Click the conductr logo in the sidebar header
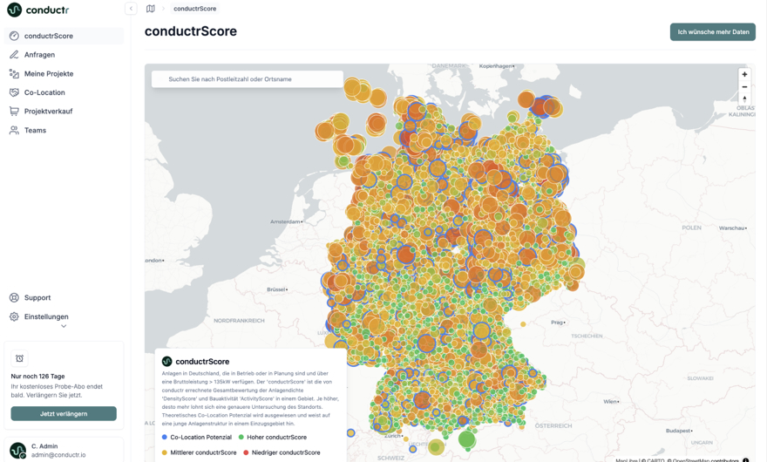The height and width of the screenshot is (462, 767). [x=37, y=10]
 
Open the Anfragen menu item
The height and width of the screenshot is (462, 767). [x=39, y=55]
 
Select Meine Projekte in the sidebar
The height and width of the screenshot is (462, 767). [x=48, y=74]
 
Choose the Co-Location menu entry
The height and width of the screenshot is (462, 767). [x=44, y=92]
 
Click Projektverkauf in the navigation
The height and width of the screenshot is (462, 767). [x=48, y=112]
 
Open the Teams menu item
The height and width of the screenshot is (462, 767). [x=35, y=131]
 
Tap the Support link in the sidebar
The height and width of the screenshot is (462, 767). [x=37, y=298]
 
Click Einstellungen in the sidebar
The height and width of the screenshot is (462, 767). [x=45, y=317]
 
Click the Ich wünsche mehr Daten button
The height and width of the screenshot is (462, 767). [x=712, y=32]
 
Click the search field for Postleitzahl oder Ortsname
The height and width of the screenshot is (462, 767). [x=248, y=79]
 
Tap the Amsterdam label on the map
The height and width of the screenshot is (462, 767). [x=286, y=222]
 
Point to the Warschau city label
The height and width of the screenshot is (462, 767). [x=732, y=228]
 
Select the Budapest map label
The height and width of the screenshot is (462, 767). [x=679, y=431]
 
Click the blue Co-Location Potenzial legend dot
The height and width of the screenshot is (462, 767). [x=165, y=438]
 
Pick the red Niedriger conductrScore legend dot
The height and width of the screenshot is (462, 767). [x=247, y=452]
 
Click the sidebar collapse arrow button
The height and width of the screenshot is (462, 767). [x=131, y=9]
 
